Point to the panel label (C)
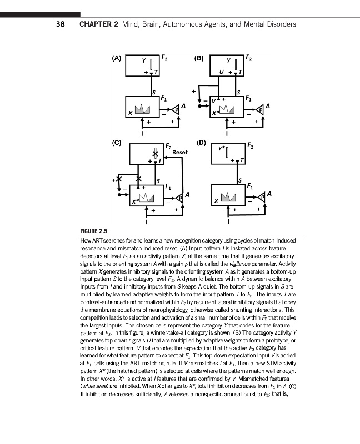[x=117, y=143]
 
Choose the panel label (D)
[x=201, y=143]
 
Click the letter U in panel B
[x=222, y=73]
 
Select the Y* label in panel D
[x=222, y=149]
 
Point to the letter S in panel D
[x=239, y=180]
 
